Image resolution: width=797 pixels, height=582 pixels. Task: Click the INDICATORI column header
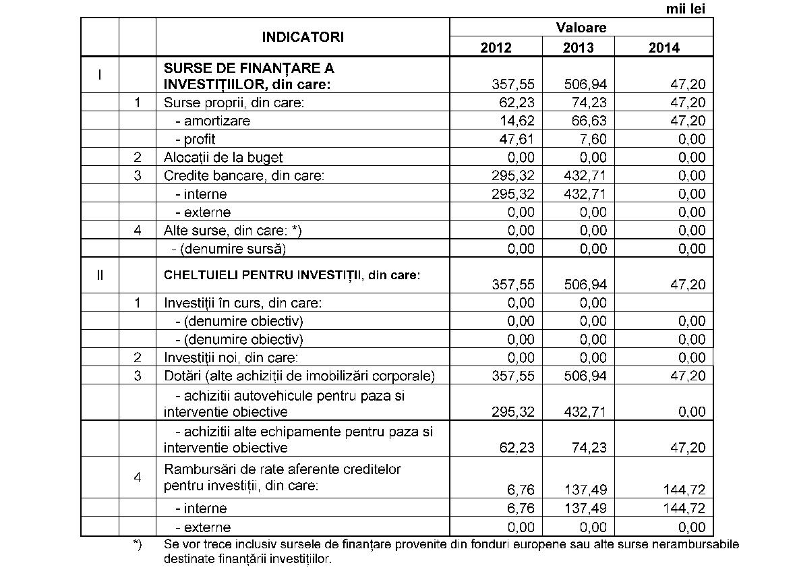pos(303,37)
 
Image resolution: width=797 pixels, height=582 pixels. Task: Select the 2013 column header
pos(579,47)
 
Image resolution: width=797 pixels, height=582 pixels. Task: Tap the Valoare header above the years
pos(581,28)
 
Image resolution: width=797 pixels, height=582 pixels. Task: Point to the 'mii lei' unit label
pos(685,9)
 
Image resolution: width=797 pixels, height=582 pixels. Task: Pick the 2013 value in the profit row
pos(591,139)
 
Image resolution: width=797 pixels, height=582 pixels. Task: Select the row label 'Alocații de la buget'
pos(223,157)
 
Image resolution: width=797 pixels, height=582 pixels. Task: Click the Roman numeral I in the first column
pos(100,75)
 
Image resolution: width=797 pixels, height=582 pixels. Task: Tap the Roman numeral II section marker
pos(100,275)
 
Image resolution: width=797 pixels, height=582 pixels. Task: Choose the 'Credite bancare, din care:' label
pos(244,175)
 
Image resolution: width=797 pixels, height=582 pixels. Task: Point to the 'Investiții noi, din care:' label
pos(231,357)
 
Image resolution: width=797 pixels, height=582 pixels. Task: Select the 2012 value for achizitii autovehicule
pos(515,411)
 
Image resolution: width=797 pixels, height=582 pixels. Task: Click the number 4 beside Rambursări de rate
pos(138,477)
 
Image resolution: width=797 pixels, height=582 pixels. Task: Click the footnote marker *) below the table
pos(138,544)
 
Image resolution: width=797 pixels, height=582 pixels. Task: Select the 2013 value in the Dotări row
pos(585,376)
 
